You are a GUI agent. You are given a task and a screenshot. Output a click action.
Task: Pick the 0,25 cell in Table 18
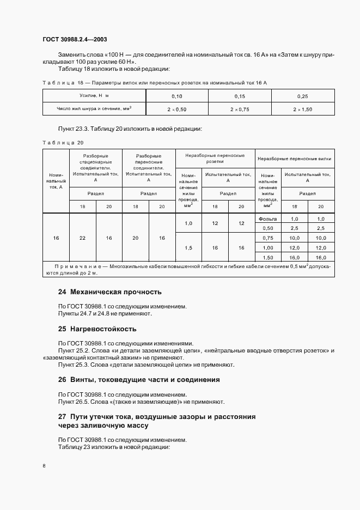tap(303, 96)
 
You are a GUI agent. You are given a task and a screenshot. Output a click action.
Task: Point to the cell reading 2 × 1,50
tap(303, 109)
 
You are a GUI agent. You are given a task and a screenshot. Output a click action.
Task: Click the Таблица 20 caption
tap(63, 143)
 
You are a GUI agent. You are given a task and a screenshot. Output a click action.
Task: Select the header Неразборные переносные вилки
tap(295, 159)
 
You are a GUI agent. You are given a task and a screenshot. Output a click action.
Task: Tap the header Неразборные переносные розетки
tap(215, 159)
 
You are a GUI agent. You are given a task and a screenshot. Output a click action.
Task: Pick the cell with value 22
tap(82, 238)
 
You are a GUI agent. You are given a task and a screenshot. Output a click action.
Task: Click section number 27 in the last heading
tap(62, 417)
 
